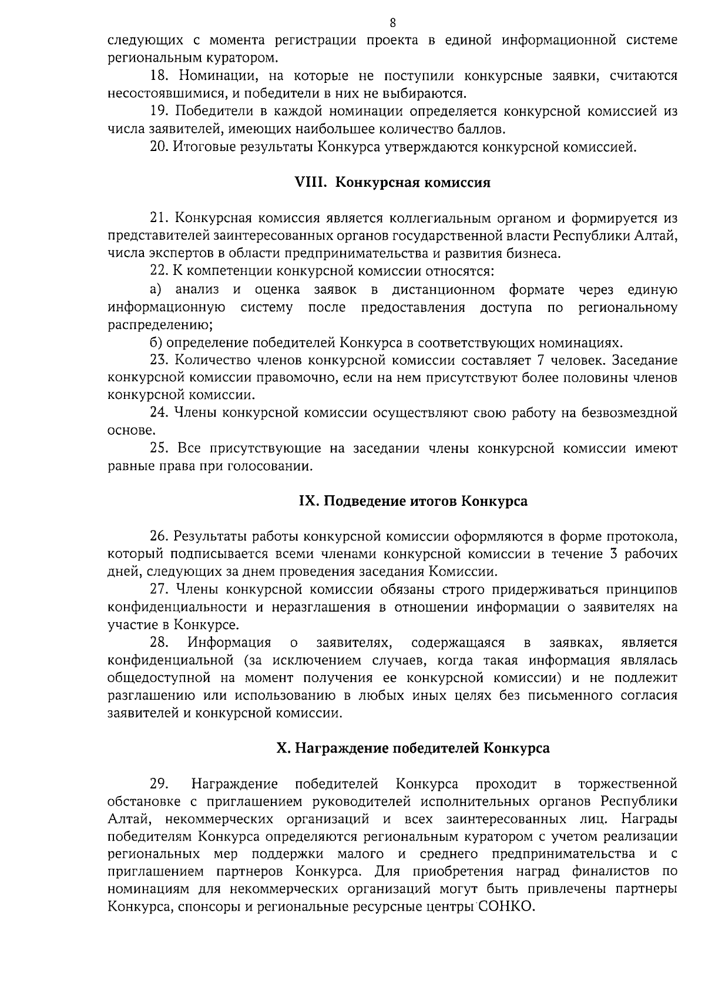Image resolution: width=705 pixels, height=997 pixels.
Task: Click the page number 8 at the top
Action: coord(392,23)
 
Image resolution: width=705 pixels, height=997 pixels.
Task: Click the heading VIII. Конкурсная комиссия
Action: coord(392,182)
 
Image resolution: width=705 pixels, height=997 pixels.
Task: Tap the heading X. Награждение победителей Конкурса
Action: coord(413,748)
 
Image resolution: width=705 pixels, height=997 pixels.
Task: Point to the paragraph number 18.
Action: coord(159,76)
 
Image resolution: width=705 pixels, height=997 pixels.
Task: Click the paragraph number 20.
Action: coord(159,147)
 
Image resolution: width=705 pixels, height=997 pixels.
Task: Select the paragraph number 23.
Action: coord(159,360)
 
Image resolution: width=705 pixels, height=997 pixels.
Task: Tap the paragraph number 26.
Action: coord(159,536)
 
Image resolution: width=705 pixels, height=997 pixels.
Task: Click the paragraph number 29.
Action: coord(159,784)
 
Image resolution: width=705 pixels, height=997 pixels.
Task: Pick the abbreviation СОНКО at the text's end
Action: coord(506,907)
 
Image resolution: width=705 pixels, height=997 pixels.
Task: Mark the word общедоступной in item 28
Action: coord(159,678)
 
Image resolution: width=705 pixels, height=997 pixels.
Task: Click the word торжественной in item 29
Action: coord(627,784)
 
